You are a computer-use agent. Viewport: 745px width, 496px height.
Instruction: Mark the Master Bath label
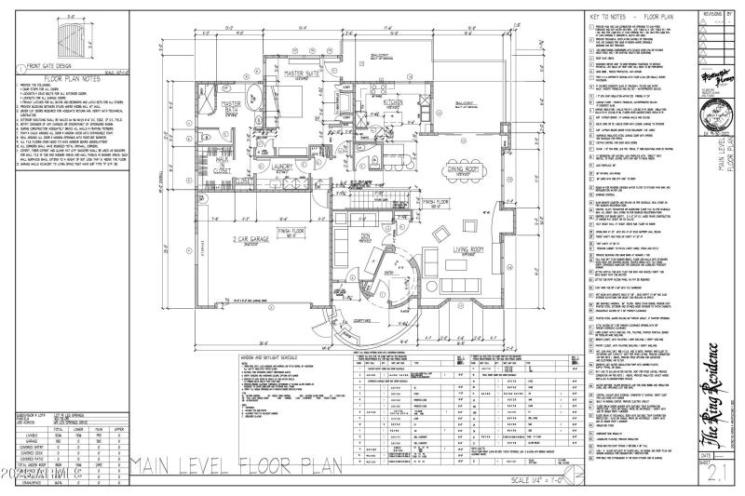click(x=231, y=108)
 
